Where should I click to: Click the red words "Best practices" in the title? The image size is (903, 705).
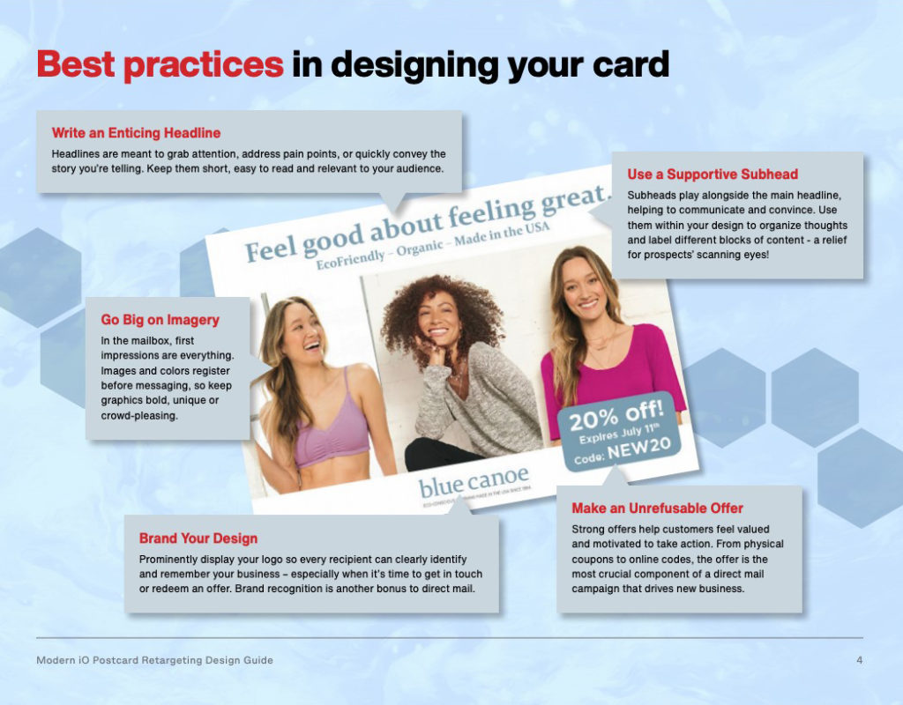(160, 64)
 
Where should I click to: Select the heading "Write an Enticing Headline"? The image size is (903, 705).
(136, 133)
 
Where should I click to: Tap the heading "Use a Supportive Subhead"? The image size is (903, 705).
(713, 174)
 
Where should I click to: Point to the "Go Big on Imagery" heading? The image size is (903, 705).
(160, 320)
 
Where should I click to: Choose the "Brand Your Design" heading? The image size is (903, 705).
(198, 538)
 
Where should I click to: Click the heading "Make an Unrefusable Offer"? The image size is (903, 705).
(657, 508)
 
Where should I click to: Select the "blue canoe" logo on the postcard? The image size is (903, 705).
(474, 483)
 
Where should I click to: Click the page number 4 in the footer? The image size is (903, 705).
(859, 660)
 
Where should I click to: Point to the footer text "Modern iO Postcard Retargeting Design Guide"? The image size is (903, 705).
(154, 660)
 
